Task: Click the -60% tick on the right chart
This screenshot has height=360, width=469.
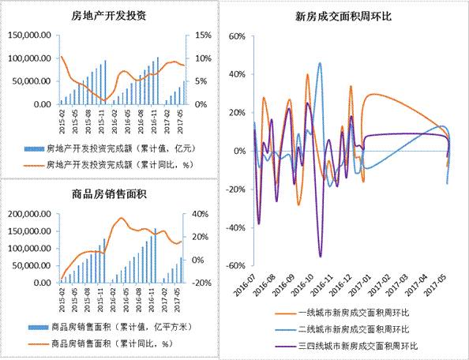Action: (x=234, y=266)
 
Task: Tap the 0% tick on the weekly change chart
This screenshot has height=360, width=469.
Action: (x=238, y=151)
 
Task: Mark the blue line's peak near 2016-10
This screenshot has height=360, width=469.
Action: (x=320, y=63)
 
